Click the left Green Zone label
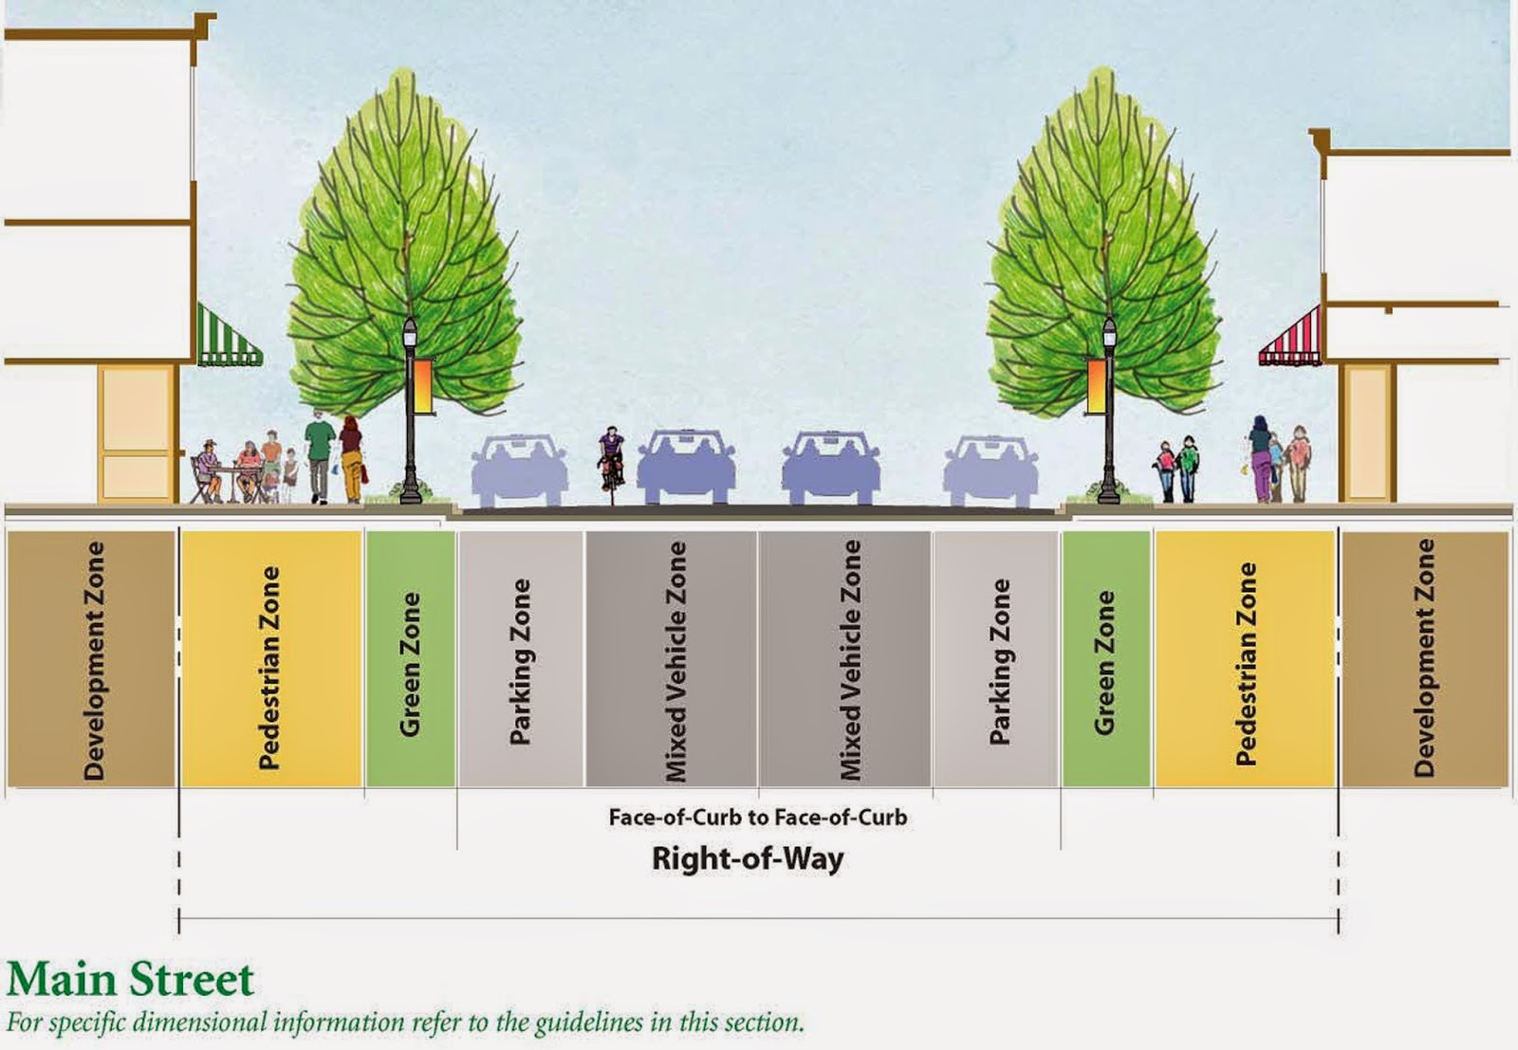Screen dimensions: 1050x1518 point(410,664)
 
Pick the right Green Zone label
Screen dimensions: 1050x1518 point(1104,662)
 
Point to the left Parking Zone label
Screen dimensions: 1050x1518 point(520,661)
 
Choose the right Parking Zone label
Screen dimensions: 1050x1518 point(1000,661)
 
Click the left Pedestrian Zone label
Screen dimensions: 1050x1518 point(270,667)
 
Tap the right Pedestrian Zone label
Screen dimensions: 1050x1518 point(1246,663)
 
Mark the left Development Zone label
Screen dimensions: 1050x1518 point(93,660)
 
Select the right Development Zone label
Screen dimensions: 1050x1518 point(1424,658)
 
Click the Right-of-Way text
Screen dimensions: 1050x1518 point(748,859)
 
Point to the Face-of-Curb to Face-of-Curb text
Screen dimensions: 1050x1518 point(757,818)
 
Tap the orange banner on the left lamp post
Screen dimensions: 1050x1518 point(424,385)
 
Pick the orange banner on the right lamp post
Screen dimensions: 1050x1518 point(1096,385)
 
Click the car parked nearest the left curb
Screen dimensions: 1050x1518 point(519,469)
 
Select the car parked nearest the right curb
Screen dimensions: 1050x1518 point(990,469)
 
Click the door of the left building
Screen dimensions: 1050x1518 point(138,433)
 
